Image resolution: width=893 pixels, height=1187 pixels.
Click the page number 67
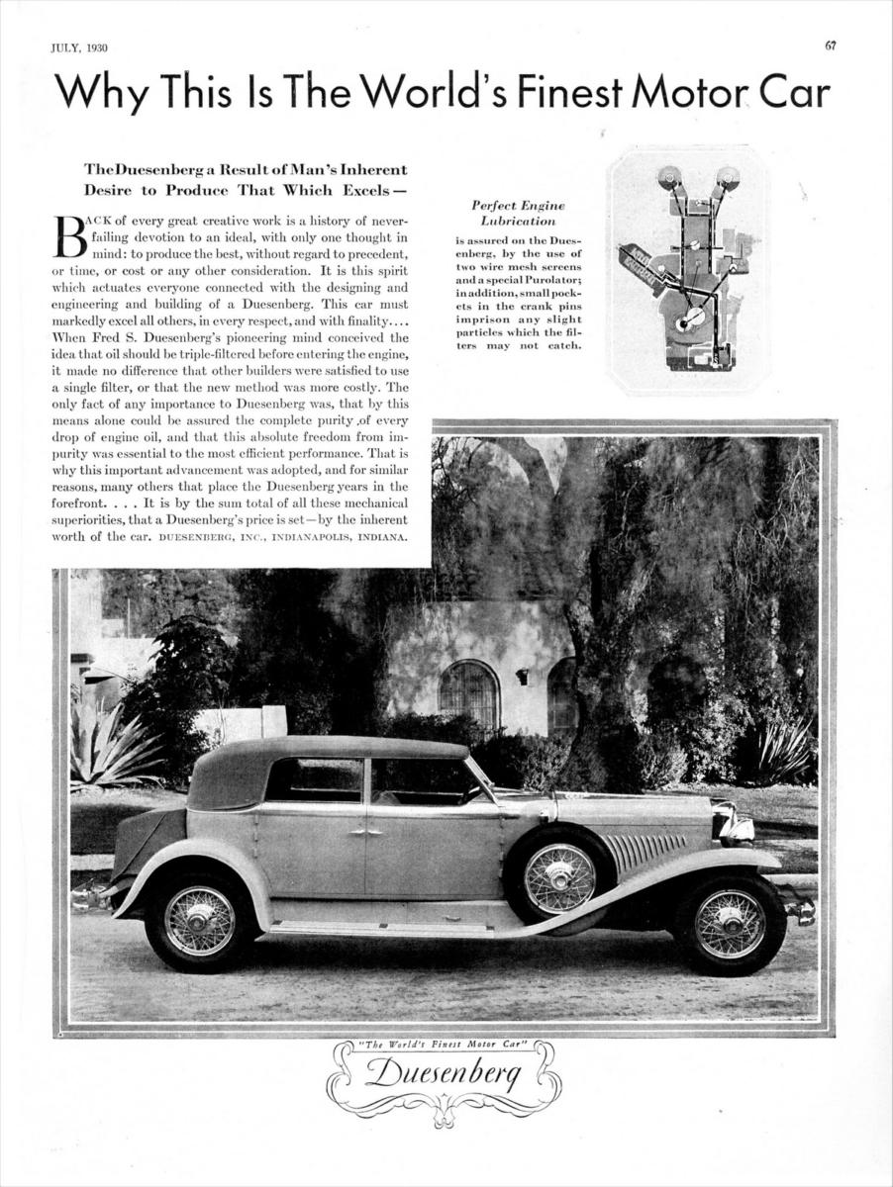coord(830,46)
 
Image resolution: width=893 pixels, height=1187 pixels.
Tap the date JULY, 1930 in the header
coord(79,47)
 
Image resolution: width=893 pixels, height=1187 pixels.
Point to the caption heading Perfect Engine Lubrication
coord(518,213)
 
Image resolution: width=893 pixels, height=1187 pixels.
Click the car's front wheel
coord(730,923)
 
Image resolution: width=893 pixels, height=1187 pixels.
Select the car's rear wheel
coord(199,921)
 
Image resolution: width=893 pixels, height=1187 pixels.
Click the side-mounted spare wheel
coord(559,877)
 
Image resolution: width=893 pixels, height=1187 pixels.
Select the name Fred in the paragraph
coord(109,365)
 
